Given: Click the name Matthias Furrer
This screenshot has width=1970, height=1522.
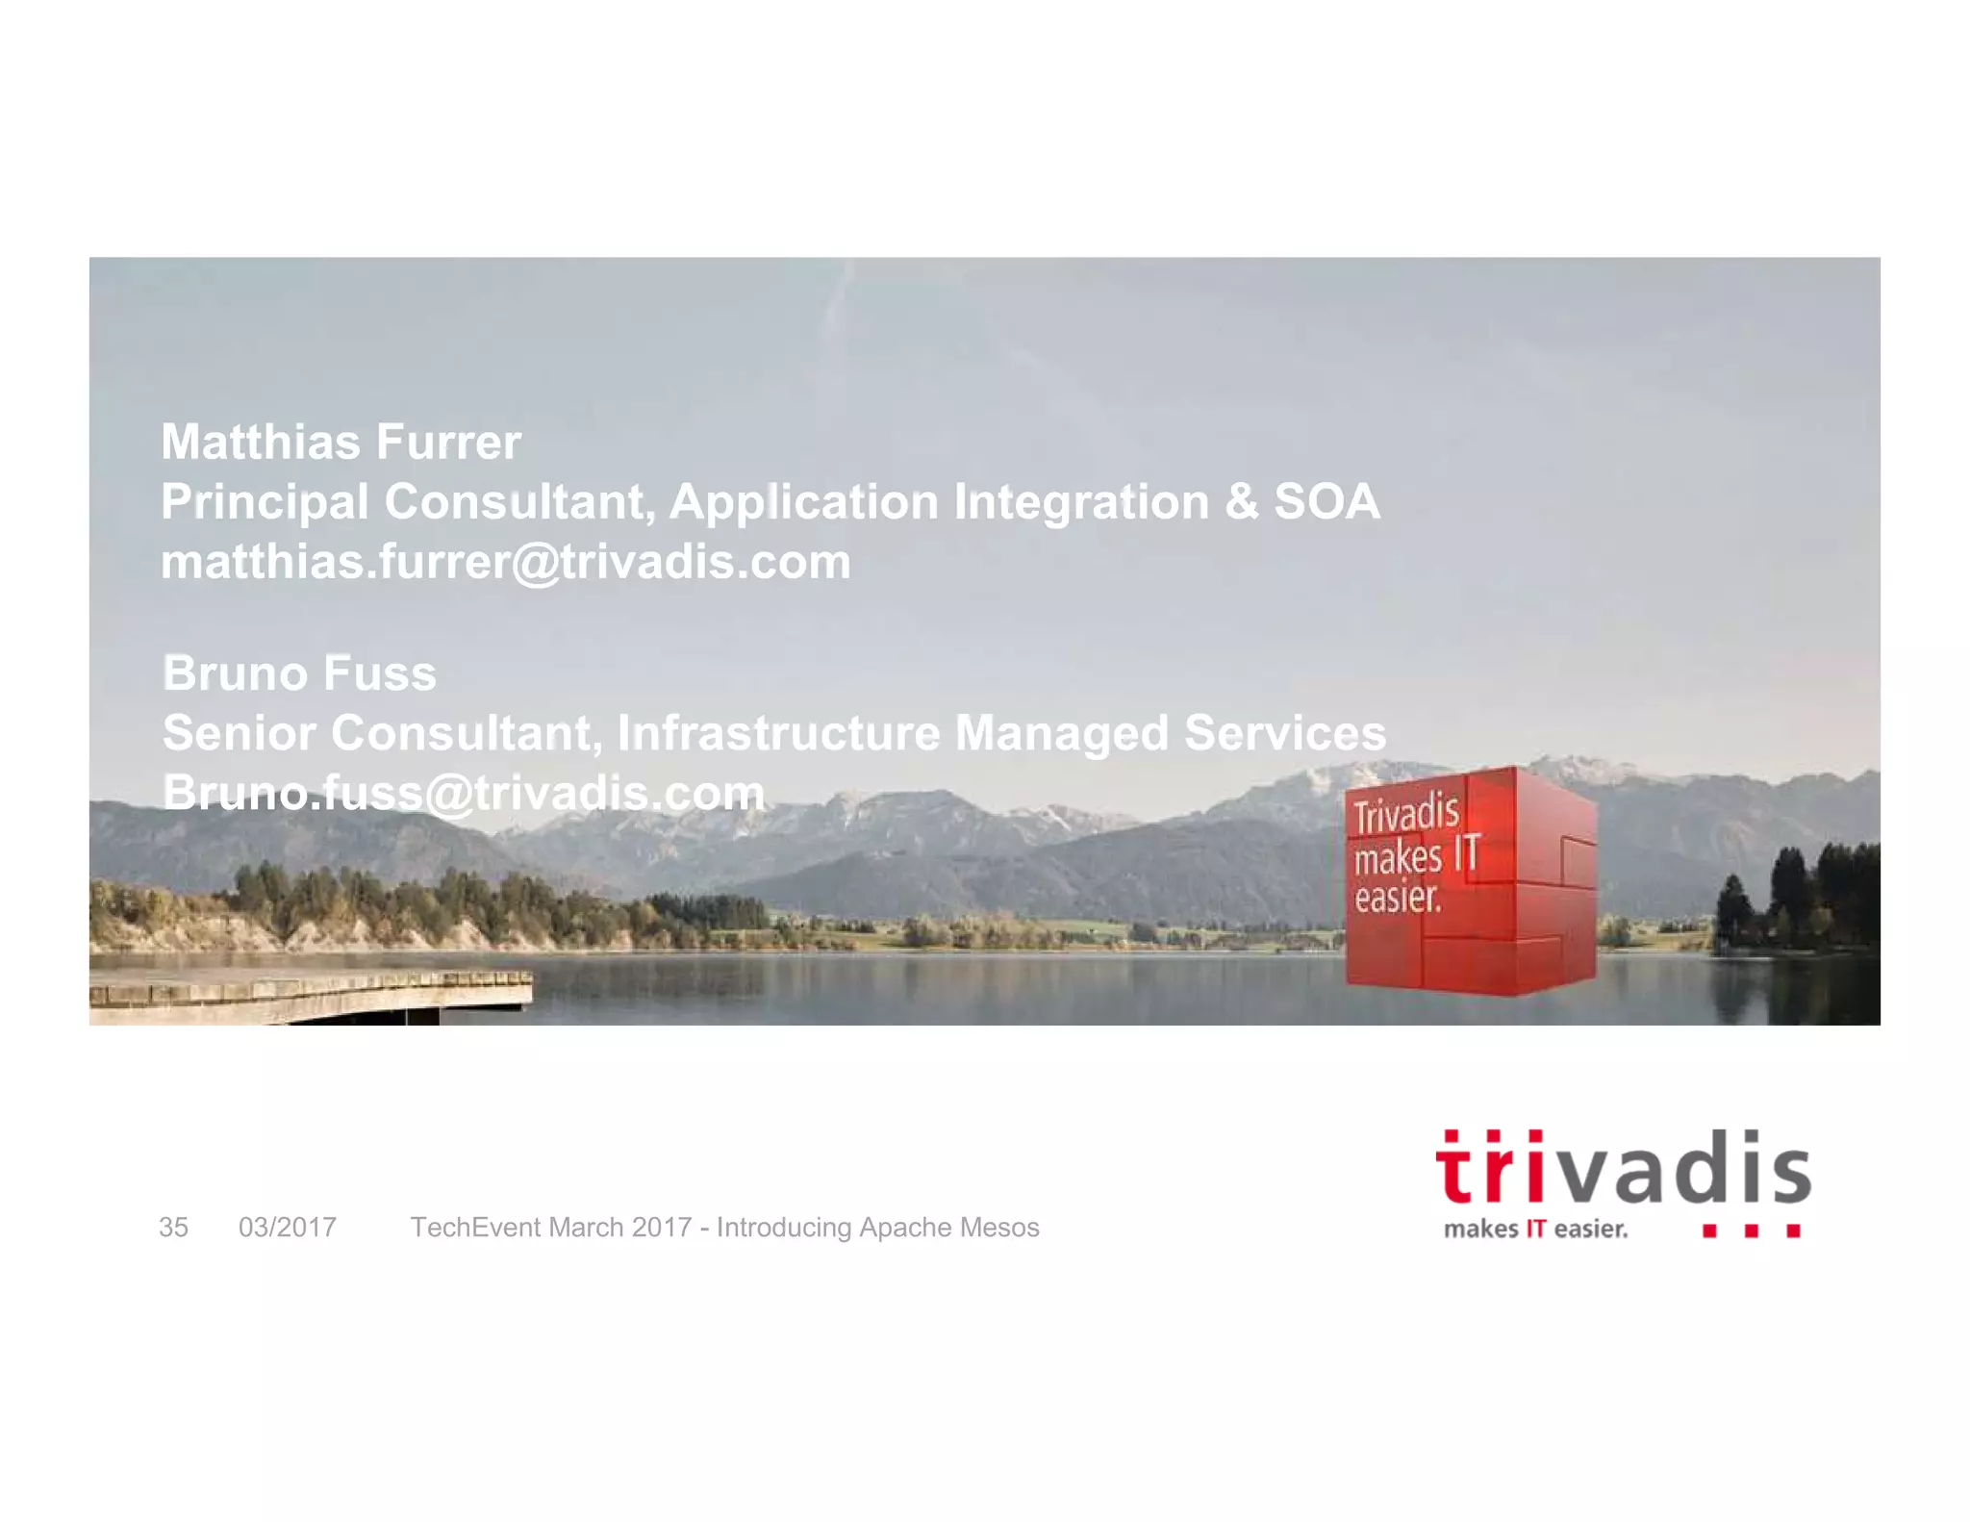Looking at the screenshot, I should coord(341,443).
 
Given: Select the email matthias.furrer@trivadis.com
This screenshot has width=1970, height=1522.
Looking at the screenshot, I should coord(506,562).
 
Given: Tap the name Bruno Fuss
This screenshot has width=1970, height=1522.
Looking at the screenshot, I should coord(299,673).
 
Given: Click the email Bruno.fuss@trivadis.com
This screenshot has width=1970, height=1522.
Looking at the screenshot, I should coord(464,793).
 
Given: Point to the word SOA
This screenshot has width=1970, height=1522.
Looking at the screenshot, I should coord(1326,502).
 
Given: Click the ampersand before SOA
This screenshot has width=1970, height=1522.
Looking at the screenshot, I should coord(1241,502).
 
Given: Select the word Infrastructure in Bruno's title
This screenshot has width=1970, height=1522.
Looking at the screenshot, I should coord(778,733).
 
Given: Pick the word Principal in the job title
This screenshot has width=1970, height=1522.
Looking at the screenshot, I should coord(265,502).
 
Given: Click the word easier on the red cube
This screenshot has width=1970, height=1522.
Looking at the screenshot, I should coord(1397,898).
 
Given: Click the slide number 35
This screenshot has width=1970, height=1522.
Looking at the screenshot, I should coord(173,1228).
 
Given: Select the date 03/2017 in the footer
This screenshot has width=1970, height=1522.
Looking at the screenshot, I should coord(288,1228).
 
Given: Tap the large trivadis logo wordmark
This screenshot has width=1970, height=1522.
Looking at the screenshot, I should coord(1623,1168).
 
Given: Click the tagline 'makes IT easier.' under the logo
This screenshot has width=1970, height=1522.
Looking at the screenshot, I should coord(1535,1230).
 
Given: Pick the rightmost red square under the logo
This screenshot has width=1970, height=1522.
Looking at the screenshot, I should coord(1793,1230).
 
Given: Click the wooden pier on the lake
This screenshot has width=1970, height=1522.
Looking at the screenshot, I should coord(308,991).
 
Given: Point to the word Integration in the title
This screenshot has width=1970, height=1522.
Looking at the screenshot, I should coord(1081,502).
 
